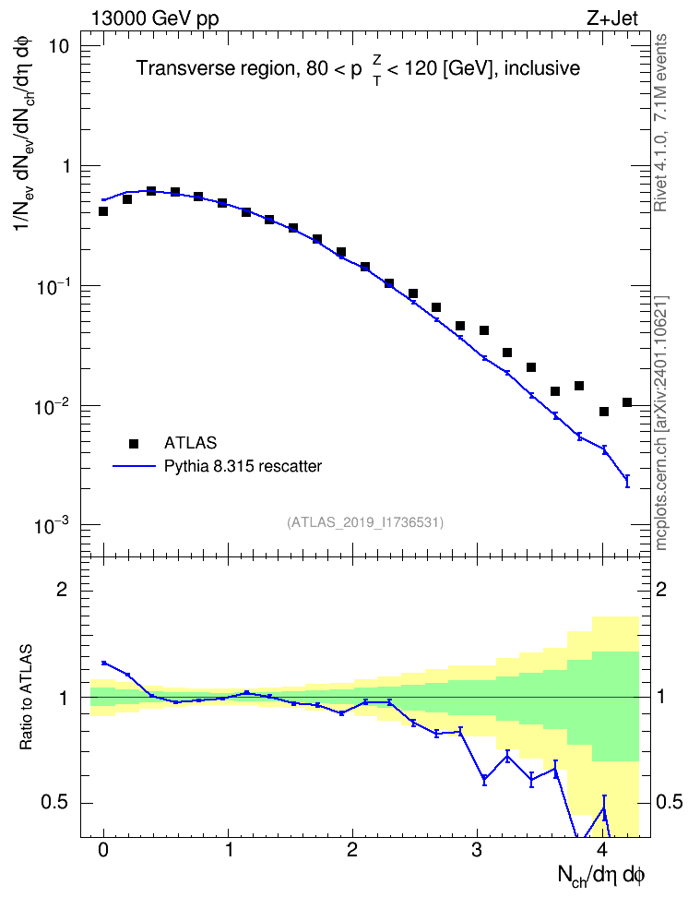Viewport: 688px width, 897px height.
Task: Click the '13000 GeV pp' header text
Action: [x=155, y=18]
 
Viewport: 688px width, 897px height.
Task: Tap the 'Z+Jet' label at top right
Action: [x=612, y=18]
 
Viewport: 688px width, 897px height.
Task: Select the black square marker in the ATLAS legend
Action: [x=134, y=443]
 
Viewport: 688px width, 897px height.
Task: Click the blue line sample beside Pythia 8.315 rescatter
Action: [x=134, y=466]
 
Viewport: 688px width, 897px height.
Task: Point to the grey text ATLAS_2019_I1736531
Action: [x=365, y=522]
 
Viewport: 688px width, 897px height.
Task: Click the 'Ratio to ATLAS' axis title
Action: [x=26, y=698]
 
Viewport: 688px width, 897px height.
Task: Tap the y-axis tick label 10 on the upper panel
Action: [x=57, y=46]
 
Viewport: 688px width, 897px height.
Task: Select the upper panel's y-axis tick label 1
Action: [x=65, y=166]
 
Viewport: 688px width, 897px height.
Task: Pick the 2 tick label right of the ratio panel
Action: [x=661, y=589]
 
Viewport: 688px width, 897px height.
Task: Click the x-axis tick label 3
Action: [x=477, y=850]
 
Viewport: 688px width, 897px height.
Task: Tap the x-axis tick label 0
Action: [x=103, y=850]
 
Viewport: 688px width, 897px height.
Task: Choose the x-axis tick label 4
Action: [x=602, y=850]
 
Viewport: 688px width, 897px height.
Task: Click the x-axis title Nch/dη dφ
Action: [x=601, y=875]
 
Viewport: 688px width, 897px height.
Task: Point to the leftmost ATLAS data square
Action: [x=103, y=211]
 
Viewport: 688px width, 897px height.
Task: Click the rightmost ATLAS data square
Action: [x=627, y=402]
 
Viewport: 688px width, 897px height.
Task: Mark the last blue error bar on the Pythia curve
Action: [x=627, y=481]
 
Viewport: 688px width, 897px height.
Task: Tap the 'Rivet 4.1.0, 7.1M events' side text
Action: [x=660, y=123]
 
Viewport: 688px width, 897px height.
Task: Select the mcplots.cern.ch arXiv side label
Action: [x=661, y=423]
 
